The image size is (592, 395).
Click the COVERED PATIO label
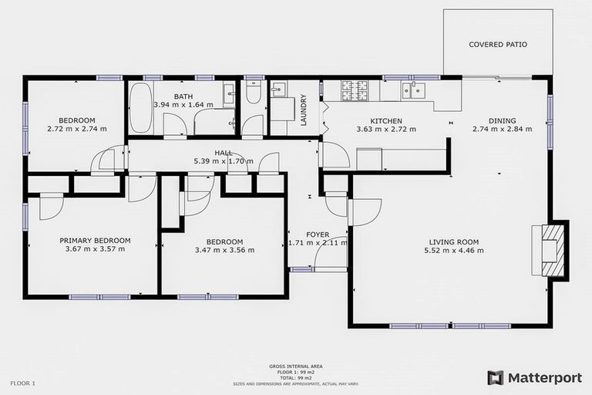[x=498, y=45]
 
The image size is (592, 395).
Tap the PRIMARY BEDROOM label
[x=95, y=240]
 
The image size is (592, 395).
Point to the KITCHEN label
[x=386, y=120]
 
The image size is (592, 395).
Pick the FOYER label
[x=318, y=234]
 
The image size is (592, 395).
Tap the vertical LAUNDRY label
[x=304, y=110]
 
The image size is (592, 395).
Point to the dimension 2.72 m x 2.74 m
[x=76, y=129]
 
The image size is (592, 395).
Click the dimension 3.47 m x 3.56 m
[x=224, y=250]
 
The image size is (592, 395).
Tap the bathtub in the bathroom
[x=140, y=108]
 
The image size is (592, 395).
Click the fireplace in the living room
[x=552, y=248]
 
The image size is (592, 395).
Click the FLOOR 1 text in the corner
[x=24, y=383]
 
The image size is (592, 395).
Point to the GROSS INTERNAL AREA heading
[x=296, y=366]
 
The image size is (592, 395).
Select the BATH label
[x=183, y=96]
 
